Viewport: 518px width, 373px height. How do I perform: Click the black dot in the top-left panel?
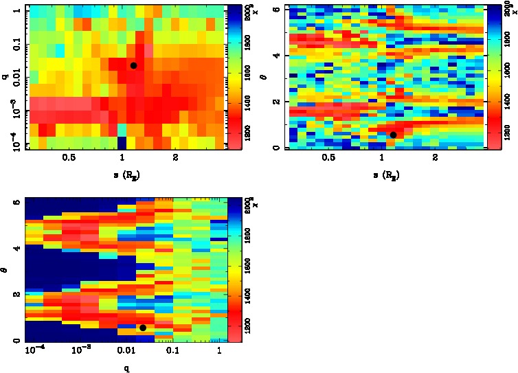point(133,65)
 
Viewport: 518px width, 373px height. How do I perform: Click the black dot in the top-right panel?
point(393,135)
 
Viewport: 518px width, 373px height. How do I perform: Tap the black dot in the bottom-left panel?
point(143,328)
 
